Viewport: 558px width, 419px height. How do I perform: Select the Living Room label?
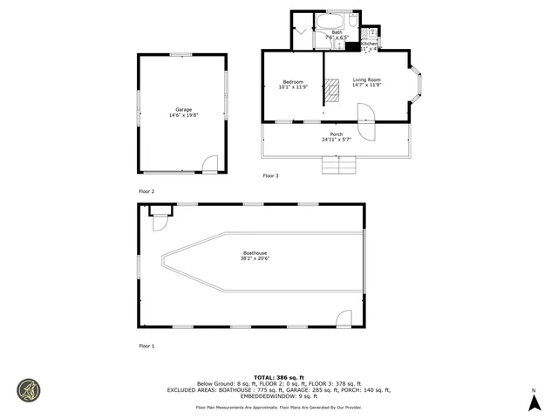coord(366,82)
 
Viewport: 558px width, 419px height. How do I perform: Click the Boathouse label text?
coord(255,257)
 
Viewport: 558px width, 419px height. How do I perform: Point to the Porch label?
coord(336,136)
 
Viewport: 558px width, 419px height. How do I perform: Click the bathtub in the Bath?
coord(337,21)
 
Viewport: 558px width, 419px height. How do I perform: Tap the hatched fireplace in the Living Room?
coord(333,87)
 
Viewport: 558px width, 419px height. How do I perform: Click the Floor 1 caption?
coord(146,347)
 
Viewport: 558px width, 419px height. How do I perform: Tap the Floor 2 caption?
coord(146,191)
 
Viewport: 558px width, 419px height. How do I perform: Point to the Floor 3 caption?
coord(271,176)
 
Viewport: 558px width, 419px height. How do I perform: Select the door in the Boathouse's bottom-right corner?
coord(344,318)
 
